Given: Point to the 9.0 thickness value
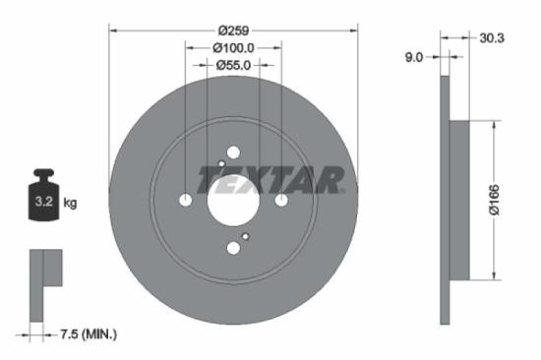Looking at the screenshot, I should point(413,57).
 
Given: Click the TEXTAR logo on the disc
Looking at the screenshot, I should point(271,180).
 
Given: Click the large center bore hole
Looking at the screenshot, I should point(233,201).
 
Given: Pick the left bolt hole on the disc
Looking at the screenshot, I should point(186,201).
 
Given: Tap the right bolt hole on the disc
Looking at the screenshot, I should point(280,201).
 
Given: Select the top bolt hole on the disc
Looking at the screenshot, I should point(233,152).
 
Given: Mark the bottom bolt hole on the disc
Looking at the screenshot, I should point(233,248).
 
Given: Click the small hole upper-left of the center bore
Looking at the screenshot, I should point(220,164).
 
